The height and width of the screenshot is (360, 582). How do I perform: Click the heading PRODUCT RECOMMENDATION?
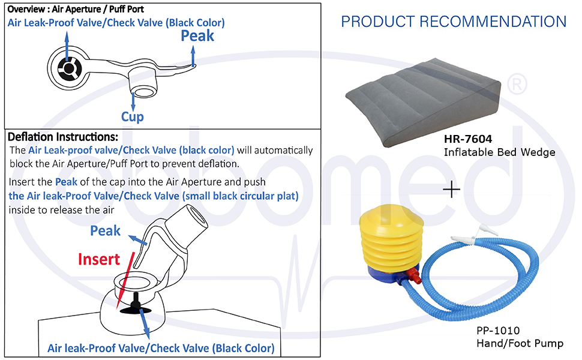click(454, 22)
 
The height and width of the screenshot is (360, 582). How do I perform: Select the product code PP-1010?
click(497, 331)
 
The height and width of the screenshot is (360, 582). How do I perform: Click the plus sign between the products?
click(451, 190)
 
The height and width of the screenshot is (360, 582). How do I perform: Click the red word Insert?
click(99, 259)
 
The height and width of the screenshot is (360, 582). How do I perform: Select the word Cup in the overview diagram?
click(132, 116)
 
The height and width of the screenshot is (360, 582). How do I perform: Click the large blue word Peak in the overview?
click(197, 36)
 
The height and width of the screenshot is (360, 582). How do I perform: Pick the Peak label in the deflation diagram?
click(105, 230)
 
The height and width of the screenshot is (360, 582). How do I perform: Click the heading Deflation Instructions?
click(62, 137)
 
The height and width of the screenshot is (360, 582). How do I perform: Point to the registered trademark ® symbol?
click(515, 82)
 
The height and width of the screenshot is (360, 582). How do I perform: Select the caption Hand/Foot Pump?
click(520, 343)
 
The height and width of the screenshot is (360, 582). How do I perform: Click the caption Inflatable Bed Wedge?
click(499, 152)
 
